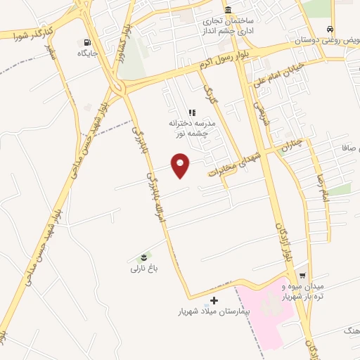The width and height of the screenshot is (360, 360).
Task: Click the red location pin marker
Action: point(181,165)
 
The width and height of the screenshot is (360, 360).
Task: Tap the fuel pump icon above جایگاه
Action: point(87,41)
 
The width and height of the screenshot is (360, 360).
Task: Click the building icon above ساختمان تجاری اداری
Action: point(229,11)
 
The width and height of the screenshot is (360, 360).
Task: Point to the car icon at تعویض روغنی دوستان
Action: point(330,29)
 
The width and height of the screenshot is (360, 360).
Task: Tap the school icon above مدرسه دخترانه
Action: point(191,112)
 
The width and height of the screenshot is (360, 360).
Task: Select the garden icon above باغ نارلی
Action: point(143,256)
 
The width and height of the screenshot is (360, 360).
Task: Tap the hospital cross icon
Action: point(205,301)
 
